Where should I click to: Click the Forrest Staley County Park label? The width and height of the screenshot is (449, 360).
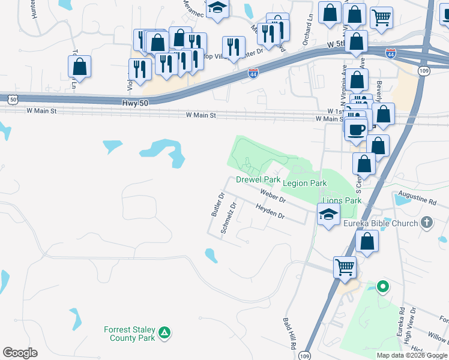(130, 334)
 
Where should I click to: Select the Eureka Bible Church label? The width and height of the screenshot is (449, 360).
(380, 224)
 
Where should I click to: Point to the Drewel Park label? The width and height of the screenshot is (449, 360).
(258, 179)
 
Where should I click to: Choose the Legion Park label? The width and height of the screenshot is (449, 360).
(304, 183)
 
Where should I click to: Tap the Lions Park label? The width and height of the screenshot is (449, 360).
(341, 200)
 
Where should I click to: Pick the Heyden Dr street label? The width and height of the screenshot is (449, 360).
(270, 211)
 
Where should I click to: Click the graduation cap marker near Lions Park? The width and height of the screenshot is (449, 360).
(328, 214)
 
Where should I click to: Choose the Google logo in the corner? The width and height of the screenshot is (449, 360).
(20, 353)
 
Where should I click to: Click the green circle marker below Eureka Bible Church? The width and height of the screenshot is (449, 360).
(382, 287)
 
